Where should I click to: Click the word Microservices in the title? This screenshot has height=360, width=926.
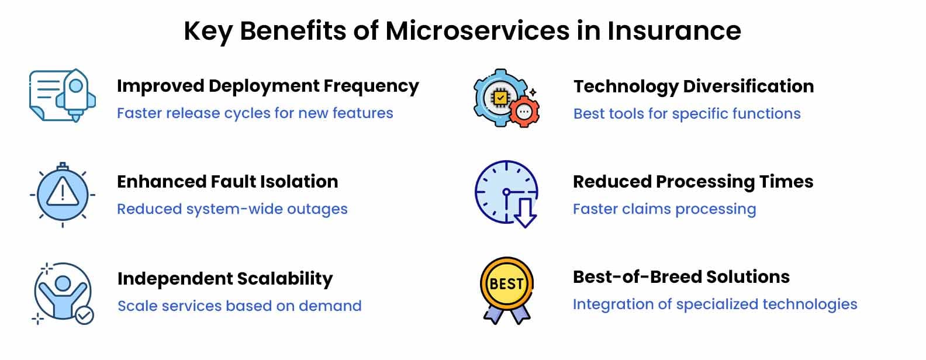[x=478, y=31]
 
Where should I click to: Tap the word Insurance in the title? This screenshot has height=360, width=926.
[x=674, y=31]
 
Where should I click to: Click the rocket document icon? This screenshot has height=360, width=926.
[x=63, y=95]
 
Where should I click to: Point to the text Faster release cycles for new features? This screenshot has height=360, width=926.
[x=255, y=113]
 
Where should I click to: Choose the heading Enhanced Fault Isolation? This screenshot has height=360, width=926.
[x=227, y=182]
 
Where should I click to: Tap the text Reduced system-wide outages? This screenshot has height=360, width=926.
[x=232, y=209]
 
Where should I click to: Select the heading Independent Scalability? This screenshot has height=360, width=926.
[x=225, y=279]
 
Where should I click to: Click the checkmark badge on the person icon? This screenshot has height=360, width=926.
[x=84, y=316]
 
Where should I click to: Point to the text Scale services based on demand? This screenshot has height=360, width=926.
[x=239, y=306]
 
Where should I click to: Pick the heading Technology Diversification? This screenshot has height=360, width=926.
[x=694, y=87]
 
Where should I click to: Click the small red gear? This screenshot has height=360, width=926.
[x=524, y=112]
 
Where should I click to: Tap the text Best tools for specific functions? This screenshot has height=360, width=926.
[x=687, y=113]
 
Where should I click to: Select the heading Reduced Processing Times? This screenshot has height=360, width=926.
[x=693, y=182]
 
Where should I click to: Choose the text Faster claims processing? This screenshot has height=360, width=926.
[x=664, y=209]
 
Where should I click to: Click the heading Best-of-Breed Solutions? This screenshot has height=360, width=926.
[x=681, y=277]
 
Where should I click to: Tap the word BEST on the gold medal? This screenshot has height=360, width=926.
[x=506, y=284]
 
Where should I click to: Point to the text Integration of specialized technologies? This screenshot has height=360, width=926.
[x=715, y=304]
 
